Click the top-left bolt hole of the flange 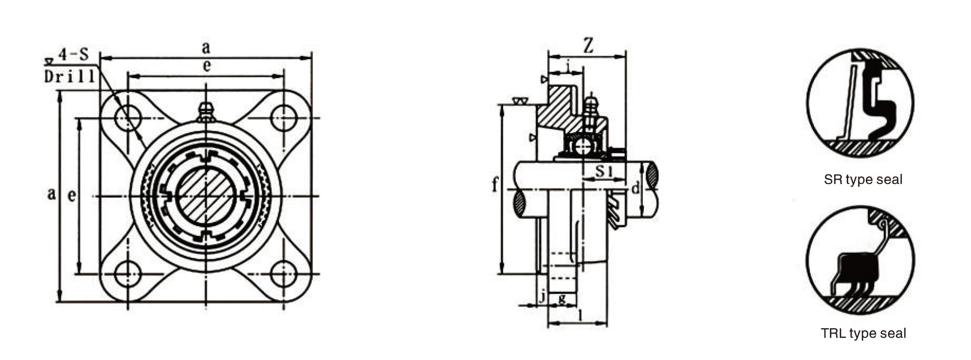[127, 115]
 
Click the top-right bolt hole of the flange [284, 115]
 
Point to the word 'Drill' [69, 77]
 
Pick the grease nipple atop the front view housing [205, 111]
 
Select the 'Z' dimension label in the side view [587, 47]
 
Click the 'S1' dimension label [604, 171]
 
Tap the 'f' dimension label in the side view [495, 185]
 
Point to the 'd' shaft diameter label [635, 188]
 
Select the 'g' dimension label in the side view [562, 298]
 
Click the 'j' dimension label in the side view [541, 298]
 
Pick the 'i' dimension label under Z [568, 67]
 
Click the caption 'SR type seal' [863, 180]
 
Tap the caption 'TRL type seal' [863, 334]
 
